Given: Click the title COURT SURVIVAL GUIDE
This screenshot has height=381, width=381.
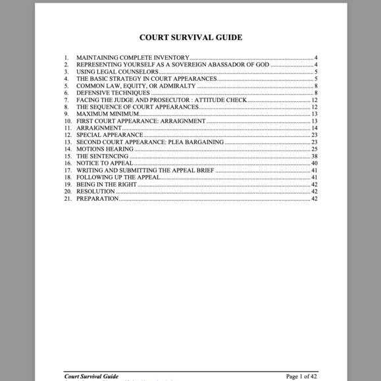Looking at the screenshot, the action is tap(190, 38).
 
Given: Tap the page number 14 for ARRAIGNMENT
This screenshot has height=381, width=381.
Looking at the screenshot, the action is tap(315, 128).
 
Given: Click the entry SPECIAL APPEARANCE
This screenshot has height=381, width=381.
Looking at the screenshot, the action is tap(110, 135).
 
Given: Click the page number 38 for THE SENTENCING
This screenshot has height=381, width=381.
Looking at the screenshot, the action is tap(315, 156).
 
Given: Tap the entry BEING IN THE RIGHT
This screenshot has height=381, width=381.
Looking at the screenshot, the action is tap(107, 184).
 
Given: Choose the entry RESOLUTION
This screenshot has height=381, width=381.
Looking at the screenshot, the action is tap(96, 191).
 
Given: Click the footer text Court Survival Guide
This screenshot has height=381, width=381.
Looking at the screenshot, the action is tap(91, 376).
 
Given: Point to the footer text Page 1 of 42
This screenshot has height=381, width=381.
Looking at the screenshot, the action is tap(301, 376).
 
